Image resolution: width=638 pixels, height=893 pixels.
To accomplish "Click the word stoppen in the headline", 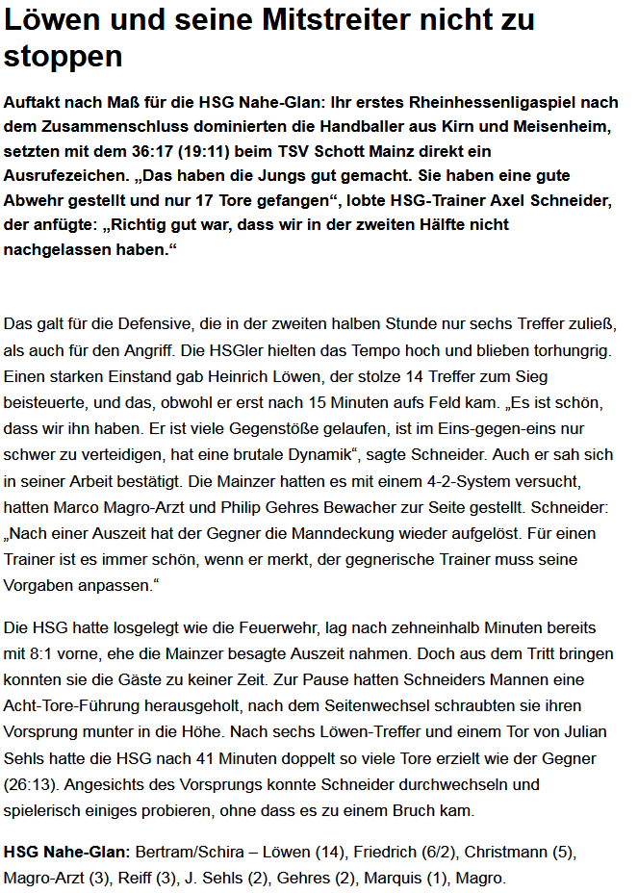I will [x=64, y=57].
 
